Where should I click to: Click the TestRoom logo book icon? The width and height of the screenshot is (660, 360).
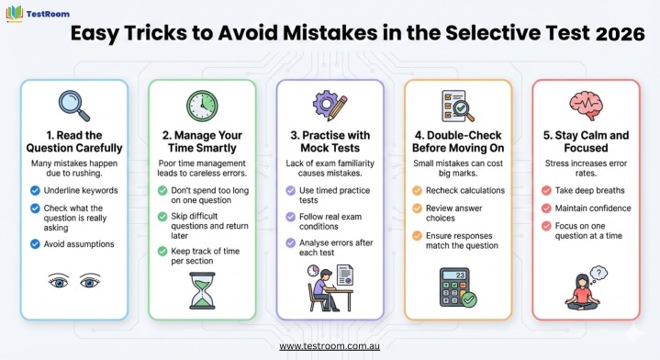[15, 14]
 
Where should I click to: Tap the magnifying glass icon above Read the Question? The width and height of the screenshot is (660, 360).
[74, 106]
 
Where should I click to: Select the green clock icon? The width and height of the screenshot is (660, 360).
[202, 106]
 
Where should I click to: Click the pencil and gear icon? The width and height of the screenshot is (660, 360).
[330, 107]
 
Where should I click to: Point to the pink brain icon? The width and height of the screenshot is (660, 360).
[586, 107]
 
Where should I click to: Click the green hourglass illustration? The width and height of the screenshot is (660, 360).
[202, 290]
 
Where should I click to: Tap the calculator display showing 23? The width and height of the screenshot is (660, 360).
[454, 275]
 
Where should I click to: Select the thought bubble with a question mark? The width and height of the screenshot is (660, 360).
[599, 274]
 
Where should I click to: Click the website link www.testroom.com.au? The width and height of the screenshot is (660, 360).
[330, 346]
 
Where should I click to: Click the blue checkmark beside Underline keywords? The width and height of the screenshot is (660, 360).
[35, 191]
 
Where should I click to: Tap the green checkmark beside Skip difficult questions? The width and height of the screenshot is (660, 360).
[162, 217]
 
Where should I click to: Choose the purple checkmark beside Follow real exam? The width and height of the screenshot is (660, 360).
[290, 217]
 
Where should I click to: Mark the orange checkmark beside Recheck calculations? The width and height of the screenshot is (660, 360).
[417, 191]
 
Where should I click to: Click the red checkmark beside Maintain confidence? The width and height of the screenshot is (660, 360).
[546, 208]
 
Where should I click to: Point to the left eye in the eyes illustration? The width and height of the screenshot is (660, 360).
[58, 281]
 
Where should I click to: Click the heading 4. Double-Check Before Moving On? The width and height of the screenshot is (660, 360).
[458, 141]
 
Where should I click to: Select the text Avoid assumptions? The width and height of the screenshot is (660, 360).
[79, 244]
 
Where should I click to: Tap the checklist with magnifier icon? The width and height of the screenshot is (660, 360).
[457, 107]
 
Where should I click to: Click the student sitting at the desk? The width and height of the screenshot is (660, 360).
[324, 289]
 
